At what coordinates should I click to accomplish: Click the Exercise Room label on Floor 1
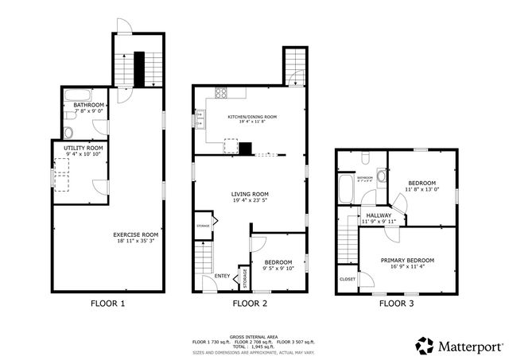135,234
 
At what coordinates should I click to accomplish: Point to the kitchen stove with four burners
218,92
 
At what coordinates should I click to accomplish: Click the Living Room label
250,194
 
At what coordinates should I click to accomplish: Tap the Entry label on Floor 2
223,276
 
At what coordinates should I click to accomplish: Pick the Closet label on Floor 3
348,279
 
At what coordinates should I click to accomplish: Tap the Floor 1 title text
107,303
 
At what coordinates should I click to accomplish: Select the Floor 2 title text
249,303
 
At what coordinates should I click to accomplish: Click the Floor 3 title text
395,303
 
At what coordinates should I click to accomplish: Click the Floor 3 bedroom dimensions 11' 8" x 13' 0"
422,189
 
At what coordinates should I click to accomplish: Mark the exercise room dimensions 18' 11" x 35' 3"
135,242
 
